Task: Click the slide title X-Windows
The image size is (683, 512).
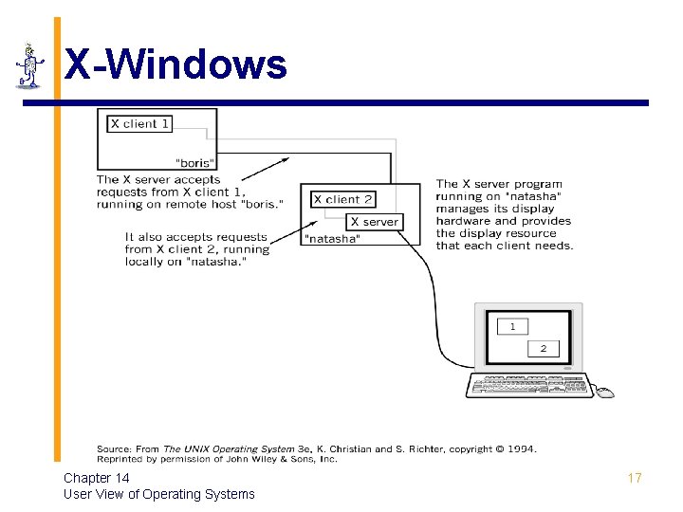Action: coord(175,64)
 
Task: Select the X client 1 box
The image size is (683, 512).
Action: coord(139,124)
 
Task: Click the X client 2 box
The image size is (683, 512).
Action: coord(342,199)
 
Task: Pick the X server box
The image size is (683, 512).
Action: coord(374,222)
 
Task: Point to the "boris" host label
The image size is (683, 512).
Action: coord(195,163)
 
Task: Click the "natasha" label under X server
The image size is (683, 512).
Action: coord(331,240)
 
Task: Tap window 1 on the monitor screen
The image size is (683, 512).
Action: coord(513,326)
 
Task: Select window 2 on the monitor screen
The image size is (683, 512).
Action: coord(544,349)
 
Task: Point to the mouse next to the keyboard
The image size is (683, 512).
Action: coord(605,393)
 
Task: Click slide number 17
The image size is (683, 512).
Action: coord(635,478)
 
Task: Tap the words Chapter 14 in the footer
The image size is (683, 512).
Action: coord(97,478)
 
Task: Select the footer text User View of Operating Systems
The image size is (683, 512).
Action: coord(159,494)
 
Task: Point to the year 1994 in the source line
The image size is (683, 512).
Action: coord(520,449)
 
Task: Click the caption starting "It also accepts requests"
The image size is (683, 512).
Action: coord(197,249)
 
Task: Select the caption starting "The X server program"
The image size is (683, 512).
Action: coord(504,214)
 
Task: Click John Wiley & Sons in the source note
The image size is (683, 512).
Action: coord(284,459)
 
